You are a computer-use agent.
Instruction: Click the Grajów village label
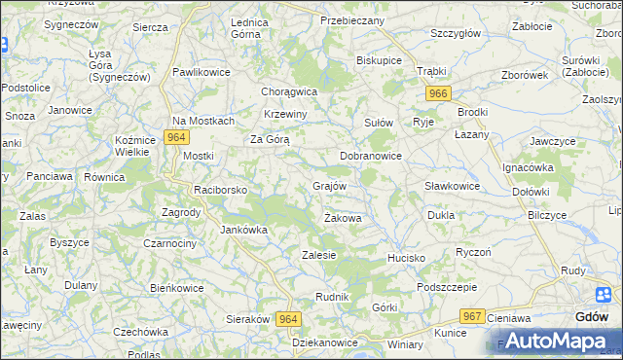pos(329,185)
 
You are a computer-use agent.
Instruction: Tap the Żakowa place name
pos(343,218)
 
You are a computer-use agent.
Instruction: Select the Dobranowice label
pos(371,156)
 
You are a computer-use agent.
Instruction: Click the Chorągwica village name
pos(290,91)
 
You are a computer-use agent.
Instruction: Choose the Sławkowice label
pos(453,186)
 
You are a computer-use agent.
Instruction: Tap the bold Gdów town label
pos(592,317)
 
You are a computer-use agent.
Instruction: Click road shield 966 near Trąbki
pos(438,92)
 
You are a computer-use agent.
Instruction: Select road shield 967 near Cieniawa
pos(473,316)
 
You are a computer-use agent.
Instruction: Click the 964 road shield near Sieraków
pos(288,319)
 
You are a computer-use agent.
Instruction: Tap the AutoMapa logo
pos(555,341)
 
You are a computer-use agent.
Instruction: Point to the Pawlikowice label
pos(202,72)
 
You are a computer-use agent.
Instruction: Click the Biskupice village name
pos(380,59)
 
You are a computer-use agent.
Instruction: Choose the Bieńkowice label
pos(176,288)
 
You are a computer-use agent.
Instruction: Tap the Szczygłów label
pos(456,33)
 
